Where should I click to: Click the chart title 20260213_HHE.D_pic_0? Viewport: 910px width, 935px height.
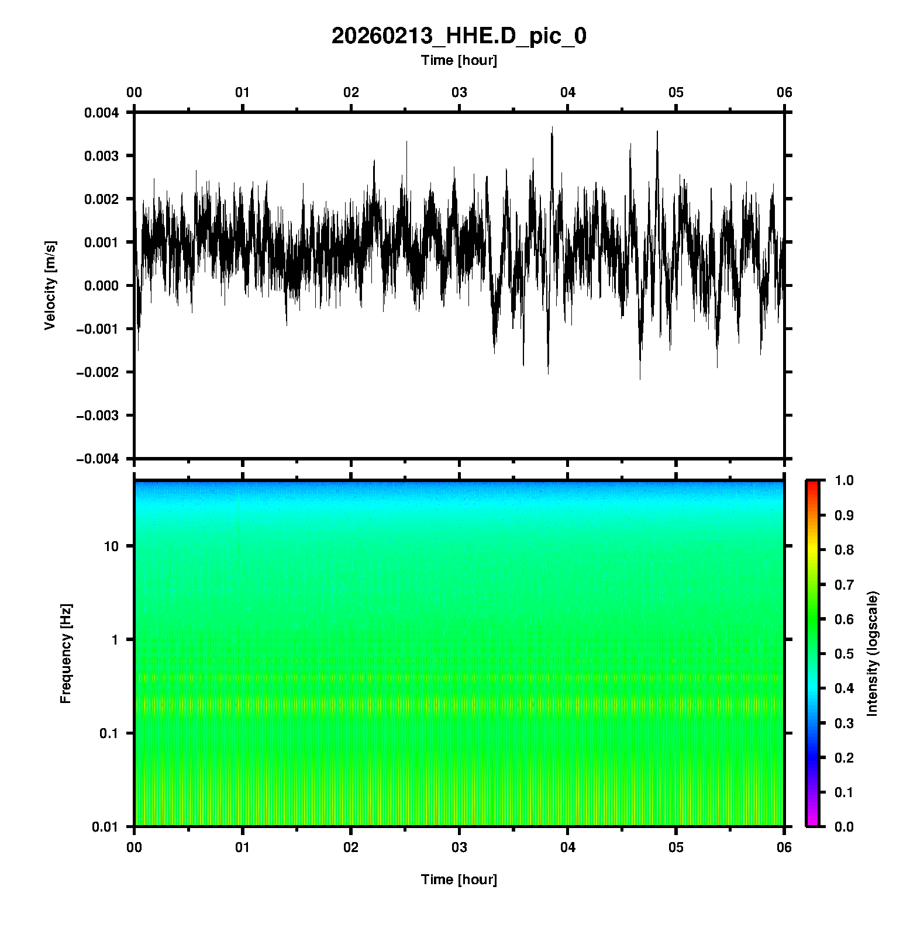pos(459,36)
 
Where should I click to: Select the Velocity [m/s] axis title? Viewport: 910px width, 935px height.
pos(50,285)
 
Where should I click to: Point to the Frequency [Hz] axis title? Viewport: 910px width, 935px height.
pos(66,654)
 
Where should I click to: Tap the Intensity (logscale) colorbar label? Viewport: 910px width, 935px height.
pos(873,653)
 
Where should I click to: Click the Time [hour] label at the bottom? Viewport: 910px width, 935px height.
pos(459,879)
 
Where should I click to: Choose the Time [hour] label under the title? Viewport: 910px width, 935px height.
pos(459,60)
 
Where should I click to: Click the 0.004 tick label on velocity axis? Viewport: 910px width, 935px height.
pos(101,113)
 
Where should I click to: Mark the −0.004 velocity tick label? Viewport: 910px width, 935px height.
pos(97,459)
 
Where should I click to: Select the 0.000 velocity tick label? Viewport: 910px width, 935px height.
pos(101,286)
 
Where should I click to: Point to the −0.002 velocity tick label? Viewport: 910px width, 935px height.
pos(97,372)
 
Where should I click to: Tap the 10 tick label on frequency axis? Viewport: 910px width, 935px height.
pos(111,546)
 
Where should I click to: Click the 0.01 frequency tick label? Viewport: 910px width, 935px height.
pos(106,826)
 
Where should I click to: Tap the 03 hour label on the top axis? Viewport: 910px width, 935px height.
pos(459,92)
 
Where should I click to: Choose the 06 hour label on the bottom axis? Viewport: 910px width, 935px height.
pos(784,847)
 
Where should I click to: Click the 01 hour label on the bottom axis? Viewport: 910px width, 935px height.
pos(243,847)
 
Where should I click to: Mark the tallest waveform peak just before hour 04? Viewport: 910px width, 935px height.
pos(551,128)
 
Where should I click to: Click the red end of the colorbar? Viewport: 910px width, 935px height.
pos(812,484)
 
